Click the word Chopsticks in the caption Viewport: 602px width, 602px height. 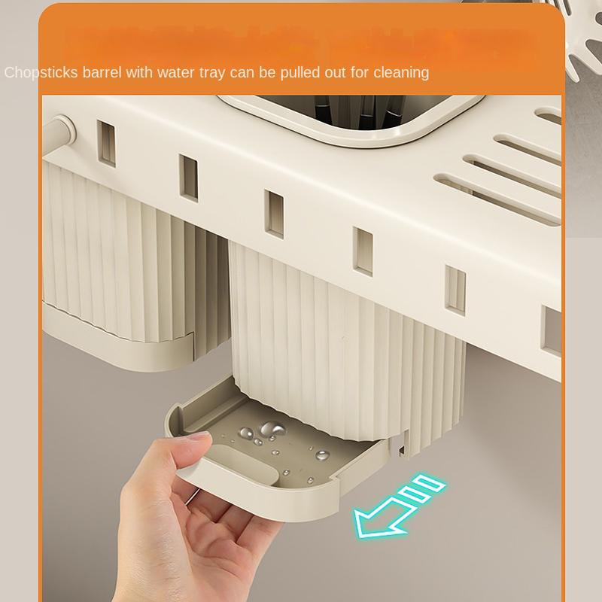38,72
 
